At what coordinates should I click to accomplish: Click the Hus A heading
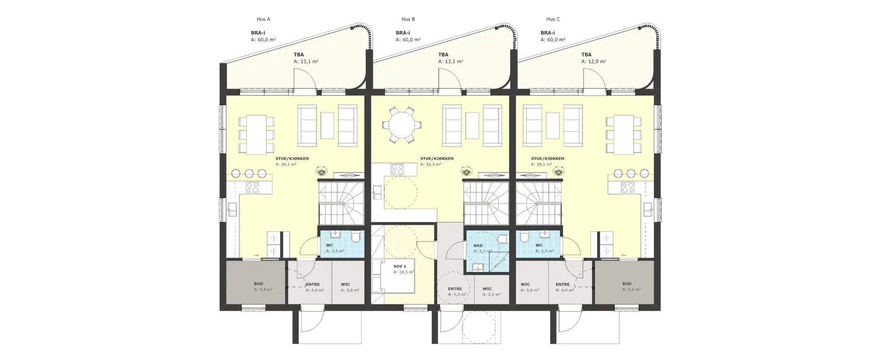click(263, 19)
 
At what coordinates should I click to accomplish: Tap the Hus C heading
click(553, 19)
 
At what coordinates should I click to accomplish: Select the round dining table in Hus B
click(402, 125)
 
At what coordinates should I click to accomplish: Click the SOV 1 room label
click(400, 266)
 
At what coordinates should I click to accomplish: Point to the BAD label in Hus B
click(478, 246)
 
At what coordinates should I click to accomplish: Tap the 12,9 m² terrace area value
click(593, 61)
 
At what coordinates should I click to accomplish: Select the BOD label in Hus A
click(259, 284)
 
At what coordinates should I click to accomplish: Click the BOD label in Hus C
click(626, 284)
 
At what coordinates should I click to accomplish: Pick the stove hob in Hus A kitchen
click(252, 188)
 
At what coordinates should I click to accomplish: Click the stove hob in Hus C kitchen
click(628, 188)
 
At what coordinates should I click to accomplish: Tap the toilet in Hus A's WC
click(356, 237)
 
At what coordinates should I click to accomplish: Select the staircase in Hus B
click(486, 203)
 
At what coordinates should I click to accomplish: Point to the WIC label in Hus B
click(488, 289)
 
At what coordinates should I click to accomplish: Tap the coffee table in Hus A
click(327, 125)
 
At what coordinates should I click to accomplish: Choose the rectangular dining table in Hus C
click(623, 134)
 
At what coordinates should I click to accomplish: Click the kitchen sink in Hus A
click(232, 209)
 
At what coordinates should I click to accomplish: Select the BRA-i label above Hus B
click(403, 33)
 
